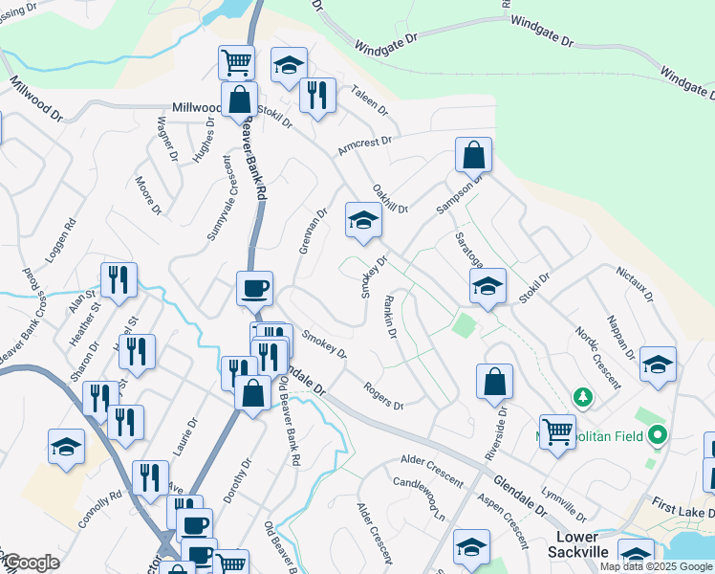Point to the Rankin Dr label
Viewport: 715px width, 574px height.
pos(390,320)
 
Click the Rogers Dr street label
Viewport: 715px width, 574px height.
pos(383,395)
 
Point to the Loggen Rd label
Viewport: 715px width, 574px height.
pos(58,244)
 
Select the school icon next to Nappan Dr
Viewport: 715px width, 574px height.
pos(659,364)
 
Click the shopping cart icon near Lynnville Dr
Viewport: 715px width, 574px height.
pos(557,430)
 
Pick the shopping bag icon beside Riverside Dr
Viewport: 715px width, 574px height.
pos(494,381)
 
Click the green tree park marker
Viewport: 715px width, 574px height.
pos(581,396)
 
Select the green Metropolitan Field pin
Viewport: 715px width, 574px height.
pos(657,437)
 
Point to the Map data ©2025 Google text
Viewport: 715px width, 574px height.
pos(656,566)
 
